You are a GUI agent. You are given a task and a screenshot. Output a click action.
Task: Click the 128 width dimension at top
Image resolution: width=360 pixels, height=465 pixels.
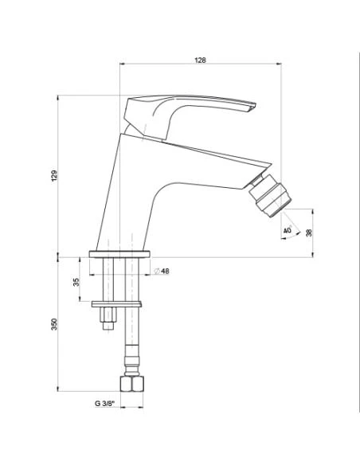201,61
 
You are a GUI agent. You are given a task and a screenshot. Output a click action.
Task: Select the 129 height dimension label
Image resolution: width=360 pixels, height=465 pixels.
54,175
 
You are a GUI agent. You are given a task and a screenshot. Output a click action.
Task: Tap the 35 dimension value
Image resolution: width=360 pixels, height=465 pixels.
77,283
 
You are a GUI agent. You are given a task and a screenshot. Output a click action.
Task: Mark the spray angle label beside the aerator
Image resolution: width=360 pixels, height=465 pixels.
288,231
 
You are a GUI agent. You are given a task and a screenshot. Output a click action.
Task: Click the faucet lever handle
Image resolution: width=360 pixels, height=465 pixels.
191,111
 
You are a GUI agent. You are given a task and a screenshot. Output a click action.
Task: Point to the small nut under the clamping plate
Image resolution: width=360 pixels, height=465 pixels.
104,322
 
